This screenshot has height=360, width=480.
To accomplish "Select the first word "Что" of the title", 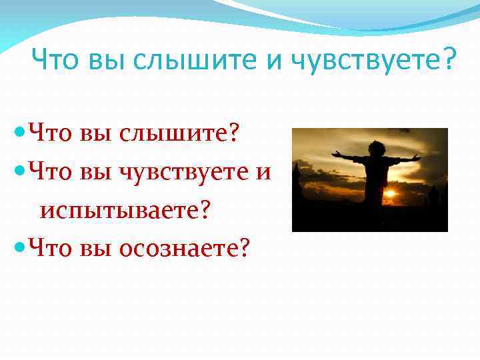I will (56, 61).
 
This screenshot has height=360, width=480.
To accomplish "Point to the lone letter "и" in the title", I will (274, 61).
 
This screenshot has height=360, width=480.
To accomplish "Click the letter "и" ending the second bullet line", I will (263, 173).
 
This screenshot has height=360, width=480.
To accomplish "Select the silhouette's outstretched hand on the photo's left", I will (336, 155).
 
